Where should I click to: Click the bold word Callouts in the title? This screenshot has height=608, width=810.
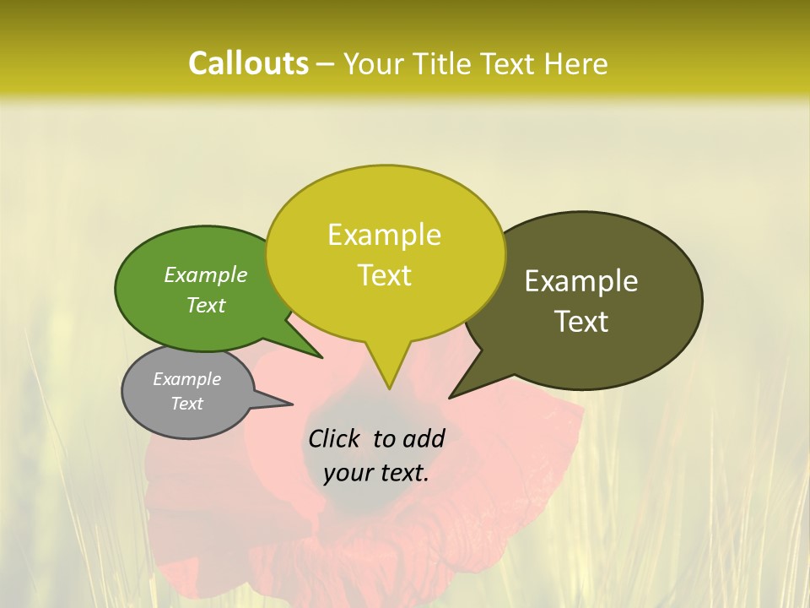point(248,63)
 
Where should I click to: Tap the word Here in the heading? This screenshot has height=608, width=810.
point(576,63)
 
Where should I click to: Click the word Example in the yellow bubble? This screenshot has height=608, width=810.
point(384,235)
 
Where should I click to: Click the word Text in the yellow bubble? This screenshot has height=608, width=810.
point(384,275)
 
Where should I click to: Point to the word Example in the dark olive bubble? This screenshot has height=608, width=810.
point(581,281)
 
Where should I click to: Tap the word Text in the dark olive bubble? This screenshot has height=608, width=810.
point(581,322)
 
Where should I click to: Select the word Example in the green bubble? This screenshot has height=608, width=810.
point(206,274)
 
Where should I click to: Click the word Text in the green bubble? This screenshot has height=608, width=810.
point(206,305)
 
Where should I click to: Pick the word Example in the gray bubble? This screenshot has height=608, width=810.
point(186,379)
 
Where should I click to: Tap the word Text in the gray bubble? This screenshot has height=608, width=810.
point(186,404)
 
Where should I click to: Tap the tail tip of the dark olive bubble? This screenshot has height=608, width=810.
point(450,398)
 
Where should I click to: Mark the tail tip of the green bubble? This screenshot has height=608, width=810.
point(323,358)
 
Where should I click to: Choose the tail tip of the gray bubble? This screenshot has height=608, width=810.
point(293,403)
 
